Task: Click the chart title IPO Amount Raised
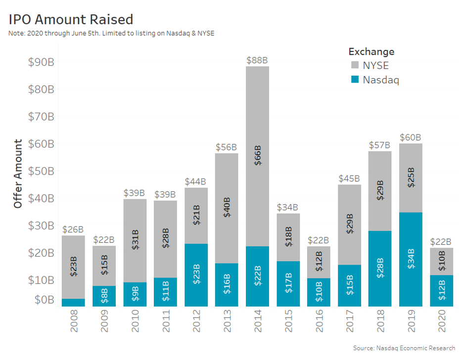(x=71, y=19)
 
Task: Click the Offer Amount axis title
(x=18, y=174)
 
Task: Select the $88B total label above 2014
(x=257, y=60)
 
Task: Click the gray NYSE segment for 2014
(x=257, y=156)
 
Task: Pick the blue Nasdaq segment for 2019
(x=411, y=260)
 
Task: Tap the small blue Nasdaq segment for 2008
(x=73, y=303)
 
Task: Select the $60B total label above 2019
(x=411, y=137)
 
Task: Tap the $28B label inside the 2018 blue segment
(x=380, y=268)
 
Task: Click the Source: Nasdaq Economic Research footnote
(x=404, y=348)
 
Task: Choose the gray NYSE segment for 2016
(x=319, y=262)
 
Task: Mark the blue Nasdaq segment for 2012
(x=196, y=275)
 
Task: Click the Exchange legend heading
(x=371, y=51)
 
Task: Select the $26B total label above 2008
(x=73, y=229)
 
